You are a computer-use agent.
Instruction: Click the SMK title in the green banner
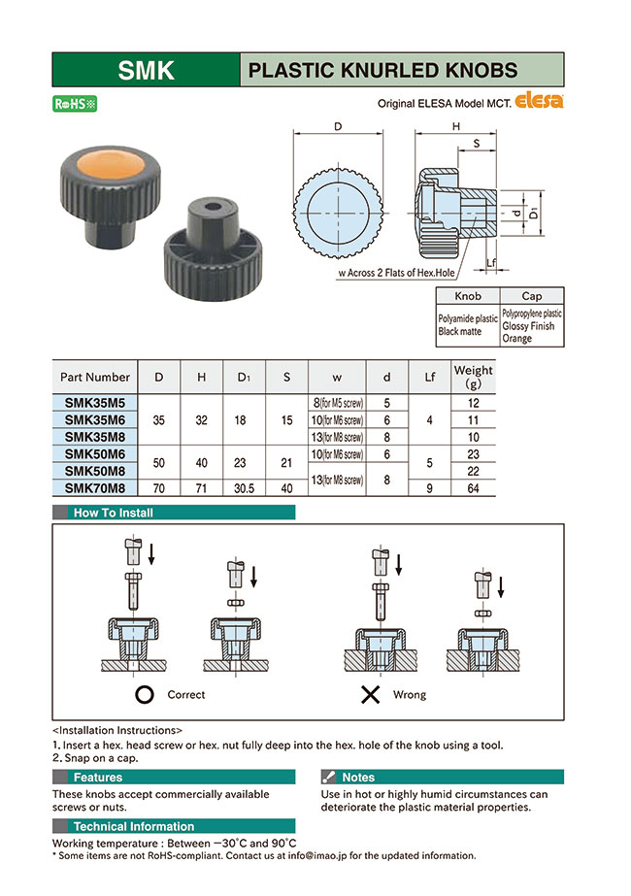pyautogui.click(x=146, y=70)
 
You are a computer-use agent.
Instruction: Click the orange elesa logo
pyautogui.click(x=539, y=100)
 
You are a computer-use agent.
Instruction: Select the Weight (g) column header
pyautogui.click(x=473, y=376)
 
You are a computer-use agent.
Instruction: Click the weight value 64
pyautogui.click(x=473, y=488)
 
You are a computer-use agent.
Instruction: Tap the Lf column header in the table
pyautogui.click(x=428, y=376)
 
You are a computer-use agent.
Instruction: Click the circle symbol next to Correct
pyautogui.click(x=145, y=695)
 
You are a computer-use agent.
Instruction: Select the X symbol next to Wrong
pyautogui.click(x=370, y=695)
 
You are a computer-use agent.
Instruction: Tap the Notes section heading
pyautogui.click(x=358, y=778)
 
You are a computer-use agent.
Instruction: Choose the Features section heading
pyautogui.click(x=98, y=778)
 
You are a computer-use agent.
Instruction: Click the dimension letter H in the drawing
pyautogui.click(x=455, y=127)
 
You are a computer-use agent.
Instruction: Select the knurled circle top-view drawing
pyautogui.click(x=338, y=212)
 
